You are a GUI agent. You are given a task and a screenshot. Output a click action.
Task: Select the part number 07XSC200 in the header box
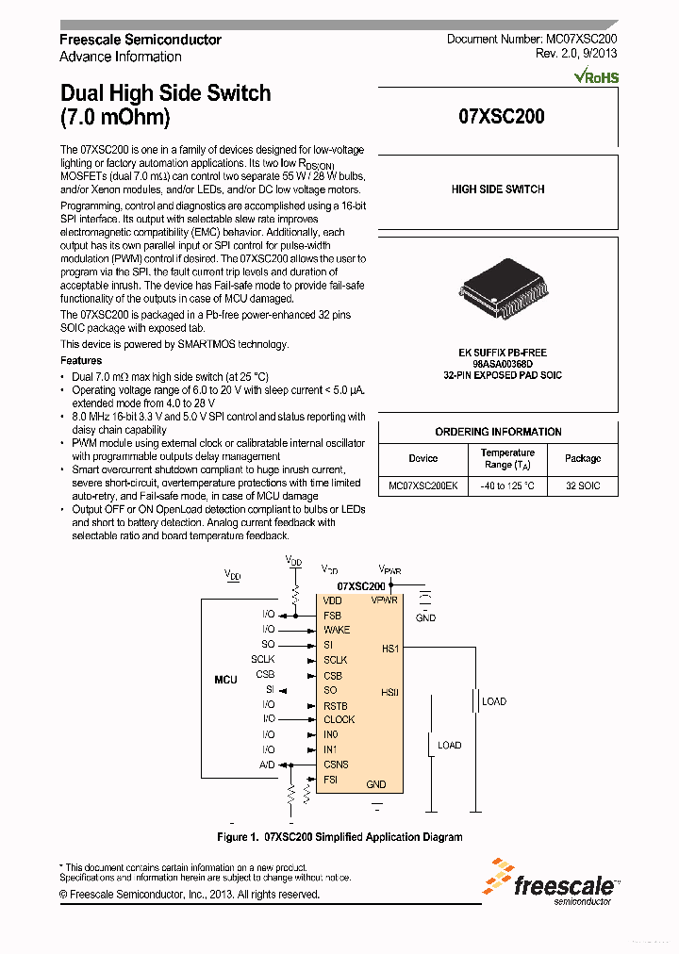(x=501, y=118)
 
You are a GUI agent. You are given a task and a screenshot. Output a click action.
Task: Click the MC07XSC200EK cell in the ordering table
(x=423, y=486)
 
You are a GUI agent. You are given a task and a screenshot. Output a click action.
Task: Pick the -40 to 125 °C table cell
(x=507, y=486)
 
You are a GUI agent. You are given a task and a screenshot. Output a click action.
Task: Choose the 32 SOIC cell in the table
(x=582, y=486)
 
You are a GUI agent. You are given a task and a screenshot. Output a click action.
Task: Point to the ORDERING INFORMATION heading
(x=498, y=432)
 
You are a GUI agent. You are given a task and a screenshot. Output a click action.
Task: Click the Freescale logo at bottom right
(x=551, y=882)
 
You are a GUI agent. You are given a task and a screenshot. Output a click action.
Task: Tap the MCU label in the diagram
(x=225, y=679)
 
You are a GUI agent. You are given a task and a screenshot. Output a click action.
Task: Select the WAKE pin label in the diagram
(x=336, y=630)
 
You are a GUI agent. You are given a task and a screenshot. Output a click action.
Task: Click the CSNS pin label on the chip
(x=336, y=765)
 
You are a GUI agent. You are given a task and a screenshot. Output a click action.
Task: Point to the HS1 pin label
(x=390, y=649)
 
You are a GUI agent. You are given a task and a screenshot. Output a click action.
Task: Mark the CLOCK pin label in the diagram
(x=339, y=719)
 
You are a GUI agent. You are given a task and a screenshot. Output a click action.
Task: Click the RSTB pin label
(x=336, y=705)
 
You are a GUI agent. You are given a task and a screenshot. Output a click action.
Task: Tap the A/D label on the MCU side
(x=267, y=765)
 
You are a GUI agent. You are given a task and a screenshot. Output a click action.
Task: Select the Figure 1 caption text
(x=339, y=836)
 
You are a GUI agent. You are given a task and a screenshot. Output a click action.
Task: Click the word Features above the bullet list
(x=81, y=360)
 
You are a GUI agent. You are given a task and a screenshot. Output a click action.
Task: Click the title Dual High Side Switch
(x=165, y=93)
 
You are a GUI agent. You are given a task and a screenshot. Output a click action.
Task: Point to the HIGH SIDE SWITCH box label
(x=498, y=189)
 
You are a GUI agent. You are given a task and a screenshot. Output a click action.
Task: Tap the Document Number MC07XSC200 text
(x=532, y=40)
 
